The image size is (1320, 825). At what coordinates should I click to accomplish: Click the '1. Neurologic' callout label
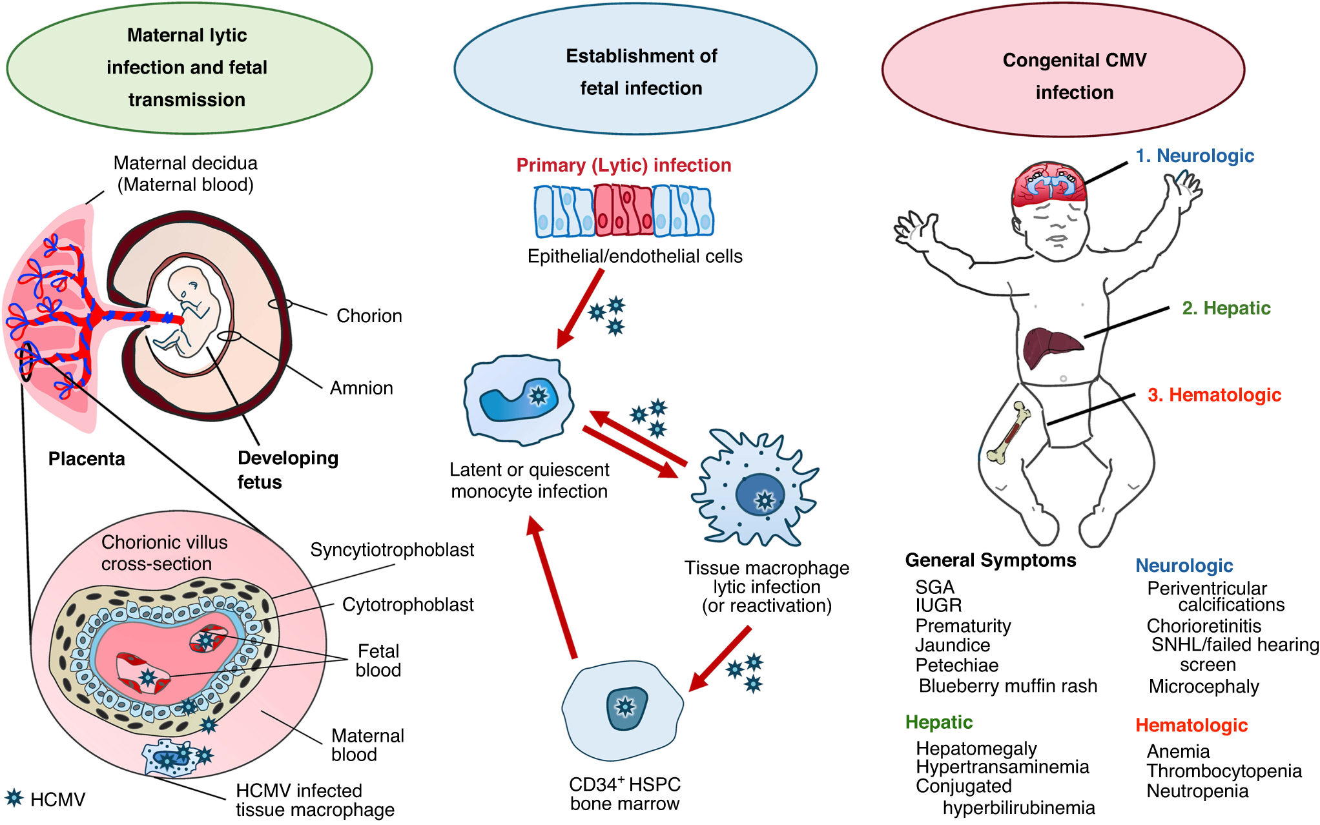[x=1195, y=156]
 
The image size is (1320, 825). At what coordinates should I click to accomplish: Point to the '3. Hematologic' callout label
[x=1214, y=394]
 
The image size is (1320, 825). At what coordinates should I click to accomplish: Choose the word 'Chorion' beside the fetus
[x=369, y=316]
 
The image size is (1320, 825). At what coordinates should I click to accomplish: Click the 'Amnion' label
[x=361, y=388]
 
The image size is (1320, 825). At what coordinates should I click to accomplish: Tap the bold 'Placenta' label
[x=87, y=459]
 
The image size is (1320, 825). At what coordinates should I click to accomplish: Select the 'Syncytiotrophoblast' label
[x=392, y=550]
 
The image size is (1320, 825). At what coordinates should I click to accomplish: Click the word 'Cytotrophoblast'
[x=407, y=605]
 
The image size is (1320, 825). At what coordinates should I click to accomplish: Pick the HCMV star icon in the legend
[x=14, y=798]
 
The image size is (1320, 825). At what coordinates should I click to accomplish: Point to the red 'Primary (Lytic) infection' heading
[x=623, y=165]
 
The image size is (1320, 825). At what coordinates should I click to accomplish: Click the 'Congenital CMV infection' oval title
[x=1074, y=76]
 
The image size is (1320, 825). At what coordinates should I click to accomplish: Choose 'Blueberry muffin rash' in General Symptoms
[x=1007, y=686]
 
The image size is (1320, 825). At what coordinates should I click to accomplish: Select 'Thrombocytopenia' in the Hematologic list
[x=1224, y=771]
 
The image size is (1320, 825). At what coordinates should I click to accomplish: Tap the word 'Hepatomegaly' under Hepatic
[x=976, y=748]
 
